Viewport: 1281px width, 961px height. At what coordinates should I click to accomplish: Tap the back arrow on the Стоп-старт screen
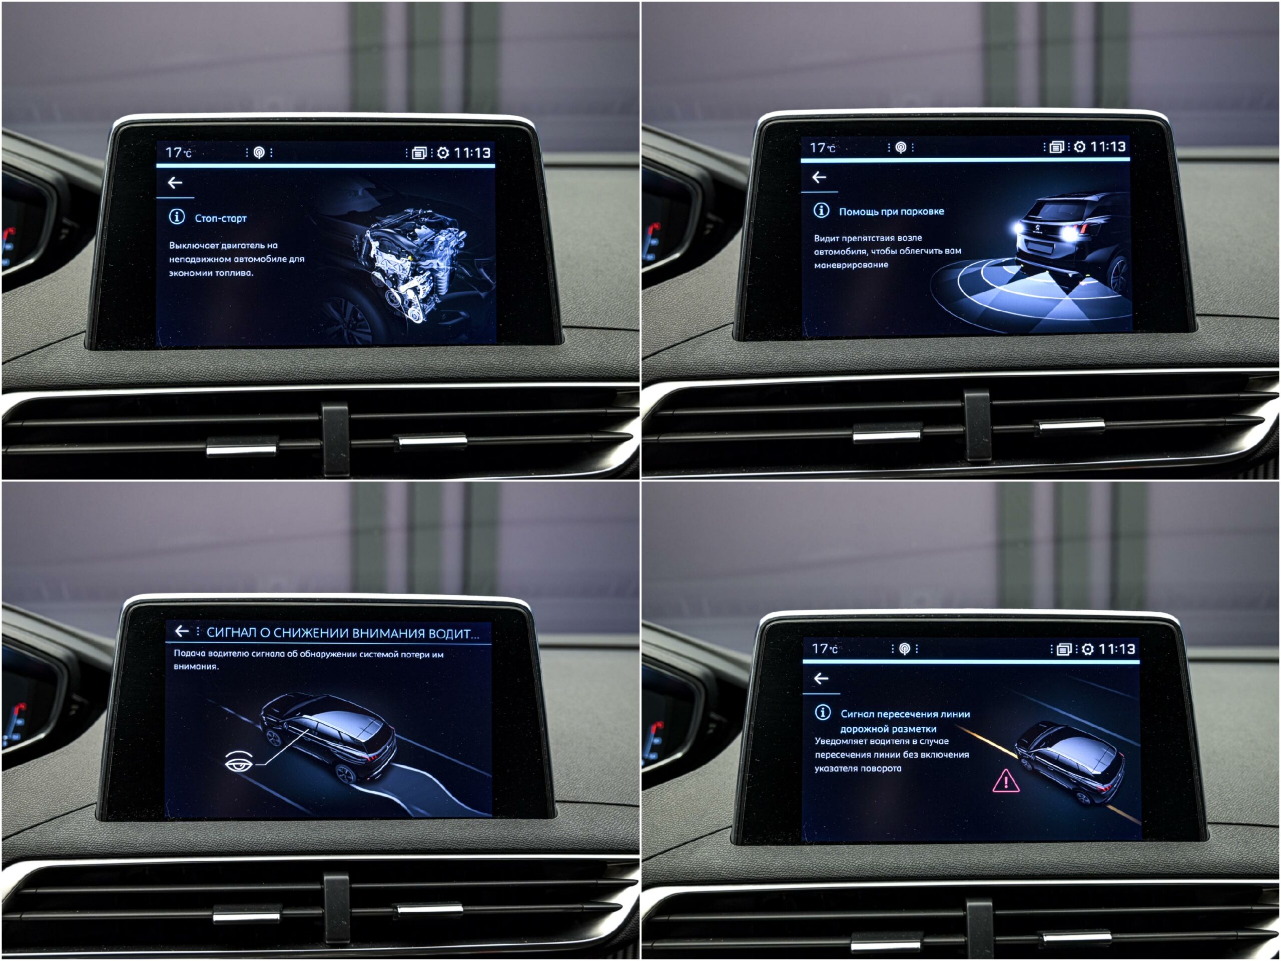click(175, 183)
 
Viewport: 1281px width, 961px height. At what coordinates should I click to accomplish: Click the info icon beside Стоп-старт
click(177, 217)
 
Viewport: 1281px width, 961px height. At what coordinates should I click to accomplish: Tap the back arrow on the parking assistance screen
click(819, 177)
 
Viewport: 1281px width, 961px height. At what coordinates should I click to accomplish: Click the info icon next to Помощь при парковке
click(821, 210)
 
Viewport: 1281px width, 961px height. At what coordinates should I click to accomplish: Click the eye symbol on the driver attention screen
click(239, 761)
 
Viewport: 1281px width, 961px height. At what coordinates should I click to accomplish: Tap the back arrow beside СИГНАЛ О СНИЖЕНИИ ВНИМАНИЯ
click(182, 631)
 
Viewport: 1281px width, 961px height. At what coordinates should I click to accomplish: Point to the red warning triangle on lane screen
click(1006, 781)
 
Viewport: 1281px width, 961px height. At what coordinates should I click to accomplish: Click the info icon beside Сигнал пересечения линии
click(822, 713)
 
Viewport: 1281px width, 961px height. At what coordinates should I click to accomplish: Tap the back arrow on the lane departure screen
click(821, 679)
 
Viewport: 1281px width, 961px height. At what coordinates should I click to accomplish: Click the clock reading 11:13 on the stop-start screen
click(472, 153)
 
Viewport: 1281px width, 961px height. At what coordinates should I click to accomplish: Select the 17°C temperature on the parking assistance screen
click(822, 148)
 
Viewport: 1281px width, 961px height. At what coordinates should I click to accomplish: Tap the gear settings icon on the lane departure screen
click(1087, 649)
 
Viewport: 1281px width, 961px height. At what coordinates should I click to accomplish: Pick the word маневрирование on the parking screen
click(851, 265)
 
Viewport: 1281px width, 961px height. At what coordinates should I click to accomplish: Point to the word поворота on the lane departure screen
click(880, 769)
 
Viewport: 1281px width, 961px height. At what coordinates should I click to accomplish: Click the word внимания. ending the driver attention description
click(196, 667)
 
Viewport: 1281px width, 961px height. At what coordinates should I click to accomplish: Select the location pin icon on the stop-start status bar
click(259, 153)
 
